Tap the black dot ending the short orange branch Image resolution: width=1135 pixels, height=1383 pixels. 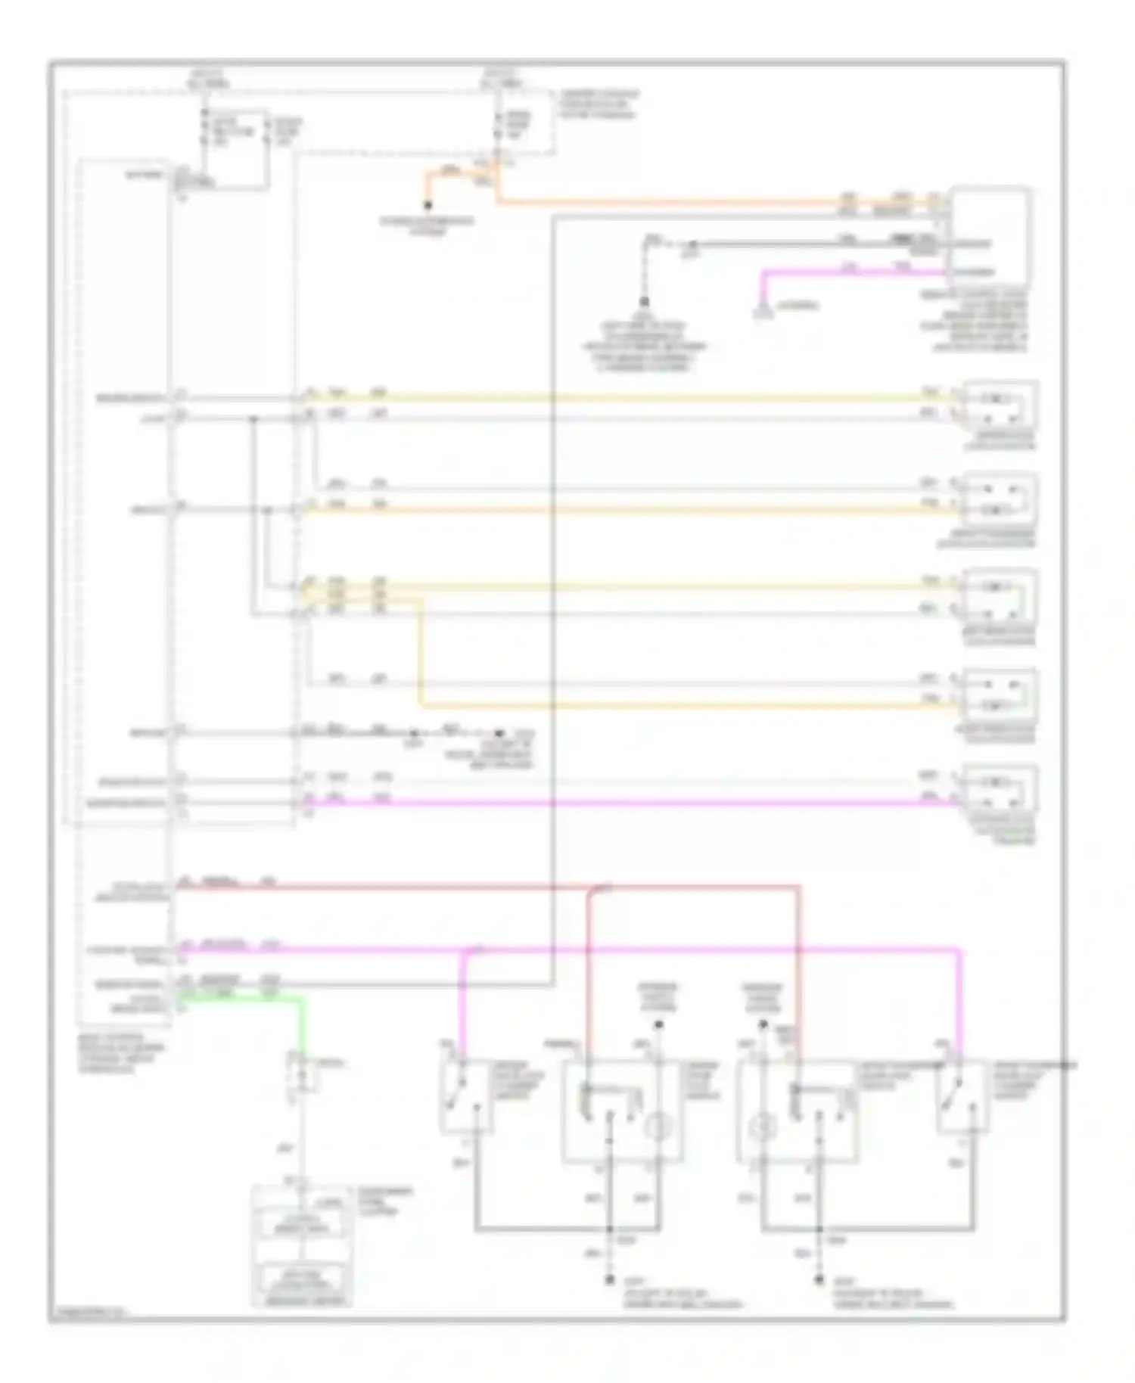(428, 206)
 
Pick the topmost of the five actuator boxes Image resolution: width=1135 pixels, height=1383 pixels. (1000, 406)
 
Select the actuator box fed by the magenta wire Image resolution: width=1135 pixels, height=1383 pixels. (1000, 791)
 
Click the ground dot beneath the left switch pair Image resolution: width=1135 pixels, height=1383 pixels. (610, 1280)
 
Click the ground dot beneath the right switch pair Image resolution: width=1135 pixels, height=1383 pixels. (819, 1280)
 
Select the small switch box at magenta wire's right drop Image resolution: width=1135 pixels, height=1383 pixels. (962, 1096)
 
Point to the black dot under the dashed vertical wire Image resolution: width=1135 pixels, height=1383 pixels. (644, 301)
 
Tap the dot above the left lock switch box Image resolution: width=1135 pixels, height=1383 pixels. (659, 1025)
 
